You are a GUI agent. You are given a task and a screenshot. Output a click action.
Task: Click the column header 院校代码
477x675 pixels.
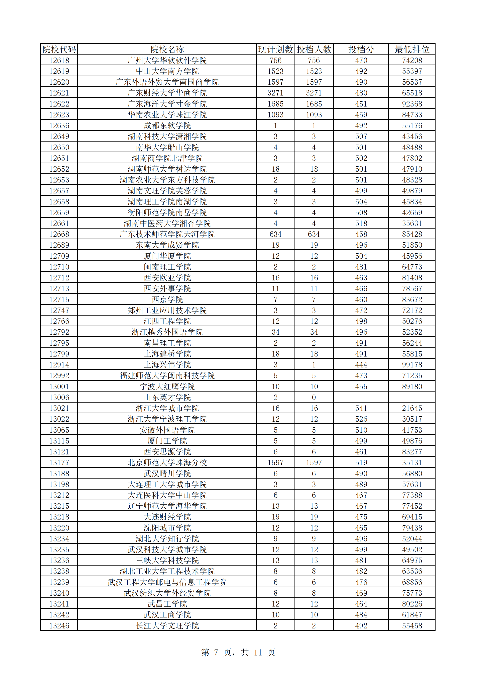pyautogui.click(x=59, y=49)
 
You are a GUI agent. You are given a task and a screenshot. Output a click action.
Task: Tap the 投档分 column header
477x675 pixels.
pyautogui.click(x=361, y=49)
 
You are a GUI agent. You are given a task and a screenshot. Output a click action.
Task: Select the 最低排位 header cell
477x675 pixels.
pyautogui.click(x=412, y=49)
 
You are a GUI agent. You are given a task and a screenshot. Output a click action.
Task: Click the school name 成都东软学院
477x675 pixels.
pyautogui.click(x=167, y=125)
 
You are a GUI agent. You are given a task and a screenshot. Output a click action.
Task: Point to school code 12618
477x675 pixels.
pyautogui.click(x=59, y=60)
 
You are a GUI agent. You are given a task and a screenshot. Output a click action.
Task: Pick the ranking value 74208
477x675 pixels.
pyautogui.click(x=412, y=60)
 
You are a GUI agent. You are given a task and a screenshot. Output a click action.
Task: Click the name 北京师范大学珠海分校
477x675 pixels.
pyautogui.click(x=167, y=462)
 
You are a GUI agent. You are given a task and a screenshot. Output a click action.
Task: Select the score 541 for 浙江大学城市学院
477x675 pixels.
pyautogui.click(x=361, y=408)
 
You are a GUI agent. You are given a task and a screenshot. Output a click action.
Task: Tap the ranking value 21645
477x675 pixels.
pyautogui.click(x=412, y=408)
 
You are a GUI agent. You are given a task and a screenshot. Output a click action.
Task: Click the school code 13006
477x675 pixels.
pyautogui.click(x=59, y=397)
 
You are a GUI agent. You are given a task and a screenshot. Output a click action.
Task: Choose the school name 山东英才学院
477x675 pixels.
pyautogui.click(x=167, y=397)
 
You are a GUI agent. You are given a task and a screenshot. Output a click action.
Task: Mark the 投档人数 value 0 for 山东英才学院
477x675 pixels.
pyautogui.click(x=314, y=397)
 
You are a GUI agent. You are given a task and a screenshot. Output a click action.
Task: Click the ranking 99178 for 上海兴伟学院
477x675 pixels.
pyautogui.click(x=412, y=364)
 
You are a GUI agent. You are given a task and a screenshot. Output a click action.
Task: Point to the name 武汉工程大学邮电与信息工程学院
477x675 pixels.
pyautogui.click(x=167, y=582)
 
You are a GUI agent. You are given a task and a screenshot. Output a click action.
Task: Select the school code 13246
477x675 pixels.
pyautogui.click(x=59, y=626)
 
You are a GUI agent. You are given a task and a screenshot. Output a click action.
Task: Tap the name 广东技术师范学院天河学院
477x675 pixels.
pyautogui.click(x=167, y=234)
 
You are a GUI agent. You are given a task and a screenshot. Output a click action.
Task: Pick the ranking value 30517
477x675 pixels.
pyautogui.click(x=412, y=419)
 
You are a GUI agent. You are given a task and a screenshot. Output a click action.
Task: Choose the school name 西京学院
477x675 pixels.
pyautogui.click(x=167, y=299)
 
